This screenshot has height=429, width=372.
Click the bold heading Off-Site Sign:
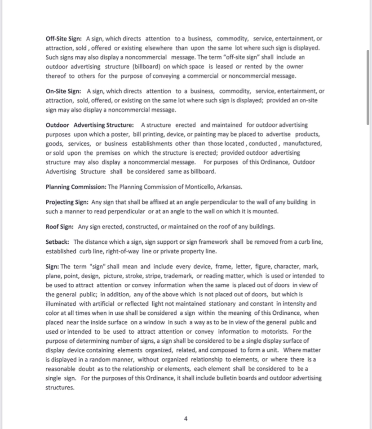tap(64, 39)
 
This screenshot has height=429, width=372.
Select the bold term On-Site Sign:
tap(63, 91)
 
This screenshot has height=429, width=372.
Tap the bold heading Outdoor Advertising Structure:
tap(89, 125)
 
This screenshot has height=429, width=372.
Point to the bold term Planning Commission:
tap(75, 187)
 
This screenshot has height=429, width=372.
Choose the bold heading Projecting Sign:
tap(67, 202)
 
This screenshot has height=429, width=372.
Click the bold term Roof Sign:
tap(60, 227)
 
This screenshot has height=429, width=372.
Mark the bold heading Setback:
tap(58, 242)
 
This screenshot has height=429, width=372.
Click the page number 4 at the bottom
tap(186, 419)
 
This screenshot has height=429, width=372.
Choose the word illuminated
tap(63, 304)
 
